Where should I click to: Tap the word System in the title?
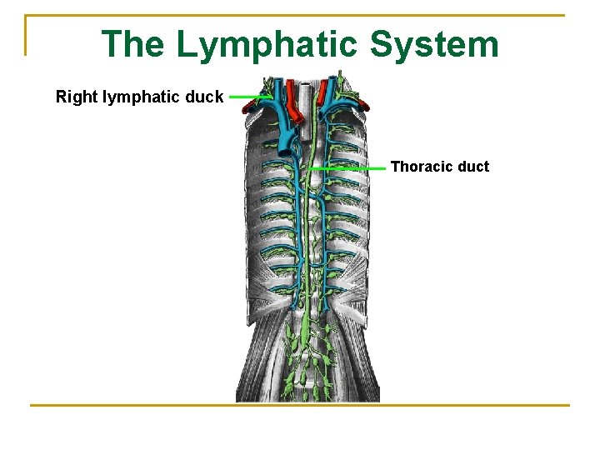coord(434,45)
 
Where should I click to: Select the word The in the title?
coord(132,45)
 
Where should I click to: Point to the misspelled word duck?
coord(206,97)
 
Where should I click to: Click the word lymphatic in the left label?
coord(142,97)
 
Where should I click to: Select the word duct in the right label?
coord(473,167)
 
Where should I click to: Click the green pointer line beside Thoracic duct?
coord(348,167)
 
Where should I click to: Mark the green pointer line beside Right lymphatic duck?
coord(248,97)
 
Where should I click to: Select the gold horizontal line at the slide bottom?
coord(299,406)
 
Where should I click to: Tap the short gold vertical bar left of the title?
coord(26,35)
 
